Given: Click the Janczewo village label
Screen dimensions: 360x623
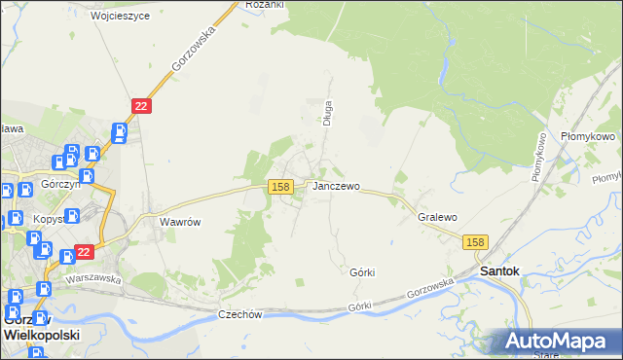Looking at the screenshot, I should pos(337,186).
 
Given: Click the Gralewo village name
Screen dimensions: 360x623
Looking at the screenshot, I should pos(437,218).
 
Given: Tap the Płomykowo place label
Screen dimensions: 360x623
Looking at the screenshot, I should pos(588,137).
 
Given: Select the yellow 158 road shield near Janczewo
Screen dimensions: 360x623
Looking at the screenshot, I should pos(280,186).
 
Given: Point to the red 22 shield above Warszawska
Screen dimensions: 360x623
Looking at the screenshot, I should pos(84,252).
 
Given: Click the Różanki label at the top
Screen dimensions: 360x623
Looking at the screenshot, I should pos(264,5).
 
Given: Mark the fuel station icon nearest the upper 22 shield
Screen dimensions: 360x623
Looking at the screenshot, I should pos(119,131).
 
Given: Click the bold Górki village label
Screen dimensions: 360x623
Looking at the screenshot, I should pos(362,272).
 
